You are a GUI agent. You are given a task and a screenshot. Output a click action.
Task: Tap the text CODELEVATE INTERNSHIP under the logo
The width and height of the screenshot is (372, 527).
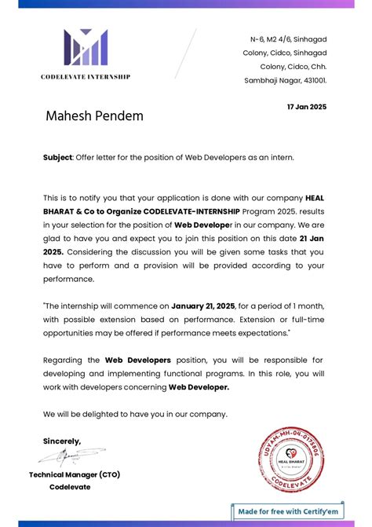86,77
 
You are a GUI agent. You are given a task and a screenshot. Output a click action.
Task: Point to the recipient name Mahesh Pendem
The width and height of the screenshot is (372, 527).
94,116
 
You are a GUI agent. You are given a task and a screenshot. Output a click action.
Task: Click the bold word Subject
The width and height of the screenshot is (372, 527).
57,157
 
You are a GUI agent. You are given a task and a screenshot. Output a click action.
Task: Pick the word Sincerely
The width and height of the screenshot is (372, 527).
62,441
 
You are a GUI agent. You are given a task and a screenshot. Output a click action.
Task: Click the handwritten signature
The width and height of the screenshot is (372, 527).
74,456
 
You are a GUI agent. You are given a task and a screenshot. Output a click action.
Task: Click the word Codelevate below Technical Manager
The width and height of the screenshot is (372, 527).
70,487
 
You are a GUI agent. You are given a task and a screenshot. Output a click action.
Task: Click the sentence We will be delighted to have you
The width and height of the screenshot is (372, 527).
135,414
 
